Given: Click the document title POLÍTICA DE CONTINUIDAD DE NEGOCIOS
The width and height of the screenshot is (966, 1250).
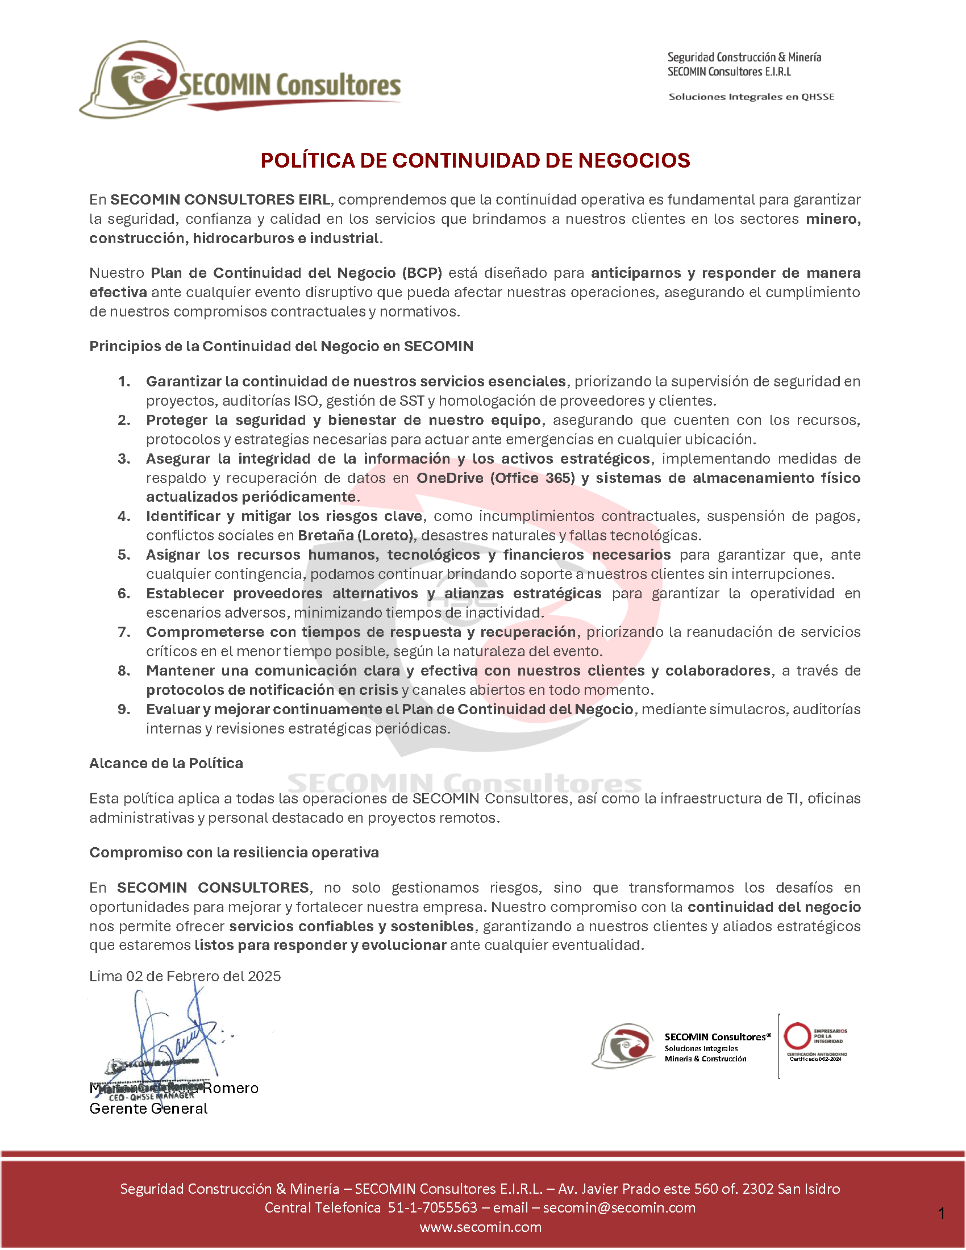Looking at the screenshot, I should (475, 160).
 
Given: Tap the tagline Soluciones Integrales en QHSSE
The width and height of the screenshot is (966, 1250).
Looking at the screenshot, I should (751, 97).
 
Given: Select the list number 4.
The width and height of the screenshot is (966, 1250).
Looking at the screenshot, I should (124, 516).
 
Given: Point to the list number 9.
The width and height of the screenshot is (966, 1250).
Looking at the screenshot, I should (124, 709).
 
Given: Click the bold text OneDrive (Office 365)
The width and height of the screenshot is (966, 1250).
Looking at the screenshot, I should (495, 478).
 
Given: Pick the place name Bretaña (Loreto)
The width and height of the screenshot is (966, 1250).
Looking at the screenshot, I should (355, 535).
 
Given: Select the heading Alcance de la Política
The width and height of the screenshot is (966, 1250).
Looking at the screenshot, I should (166, 763).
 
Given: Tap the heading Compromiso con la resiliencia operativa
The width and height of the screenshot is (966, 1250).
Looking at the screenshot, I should (234, 852).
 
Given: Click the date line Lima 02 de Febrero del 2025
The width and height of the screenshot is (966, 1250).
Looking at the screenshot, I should (185, 976).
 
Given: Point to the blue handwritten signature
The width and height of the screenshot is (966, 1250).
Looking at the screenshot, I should (172, 1036).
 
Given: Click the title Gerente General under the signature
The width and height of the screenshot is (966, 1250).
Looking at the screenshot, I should (148, 1109).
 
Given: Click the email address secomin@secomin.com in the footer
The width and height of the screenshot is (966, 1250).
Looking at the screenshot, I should (619, 1207).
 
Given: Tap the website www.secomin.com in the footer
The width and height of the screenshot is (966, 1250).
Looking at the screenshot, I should (480, 1227).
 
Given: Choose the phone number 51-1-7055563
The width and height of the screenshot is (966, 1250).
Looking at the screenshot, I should (432, 1207).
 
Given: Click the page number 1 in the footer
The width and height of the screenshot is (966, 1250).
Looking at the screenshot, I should (942, 1213).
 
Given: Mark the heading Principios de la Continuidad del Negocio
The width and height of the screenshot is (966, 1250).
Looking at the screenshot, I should (281, 346).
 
